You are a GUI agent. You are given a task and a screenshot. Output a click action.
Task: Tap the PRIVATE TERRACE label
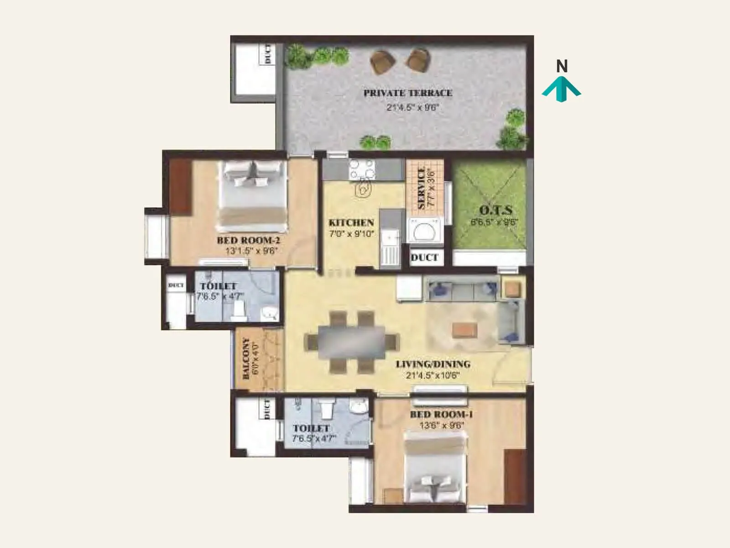click(407, 93)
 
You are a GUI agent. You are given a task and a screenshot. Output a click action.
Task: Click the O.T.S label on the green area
click(495, 211)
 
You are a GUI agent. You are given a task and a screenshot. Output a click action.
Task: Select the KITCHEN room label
click(351, 223)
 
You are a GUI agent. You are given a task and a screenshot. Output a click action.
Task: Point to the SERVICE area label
click(421, 188)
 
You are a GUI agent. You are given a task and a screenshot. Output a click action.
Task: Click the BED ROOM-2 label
click(248, 240)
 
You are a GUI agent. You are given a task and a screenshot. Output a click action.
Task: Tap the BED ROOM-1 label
click(441, 415)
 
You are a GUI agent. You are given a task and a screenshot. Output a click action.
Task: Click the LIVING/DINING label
click(433, 364)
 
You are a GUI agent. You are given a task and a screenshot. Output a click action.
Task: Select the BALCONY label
click(246, 358)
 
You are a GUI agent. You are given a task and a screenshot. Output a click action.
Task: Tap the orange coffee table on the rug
click(465, 330)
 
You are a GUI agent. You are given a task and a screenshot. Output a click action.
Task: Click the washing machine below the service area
click(425, 230)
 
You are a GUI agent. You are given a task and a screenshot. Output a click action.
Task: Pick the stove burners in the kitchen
click(362, 169)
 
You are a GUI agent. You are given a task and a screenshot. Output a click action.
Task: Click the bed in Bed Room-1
click(435, 468)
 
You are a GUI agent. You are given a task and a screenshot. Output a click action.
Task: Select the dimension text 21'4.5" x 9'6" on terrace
click(412, 108)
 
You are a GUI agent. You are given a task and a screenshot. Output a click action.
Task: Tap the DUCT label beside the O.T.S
click(424, 258)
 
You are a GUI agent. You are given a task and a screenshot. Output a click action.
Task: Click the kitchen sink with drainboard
click(390, 249)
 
